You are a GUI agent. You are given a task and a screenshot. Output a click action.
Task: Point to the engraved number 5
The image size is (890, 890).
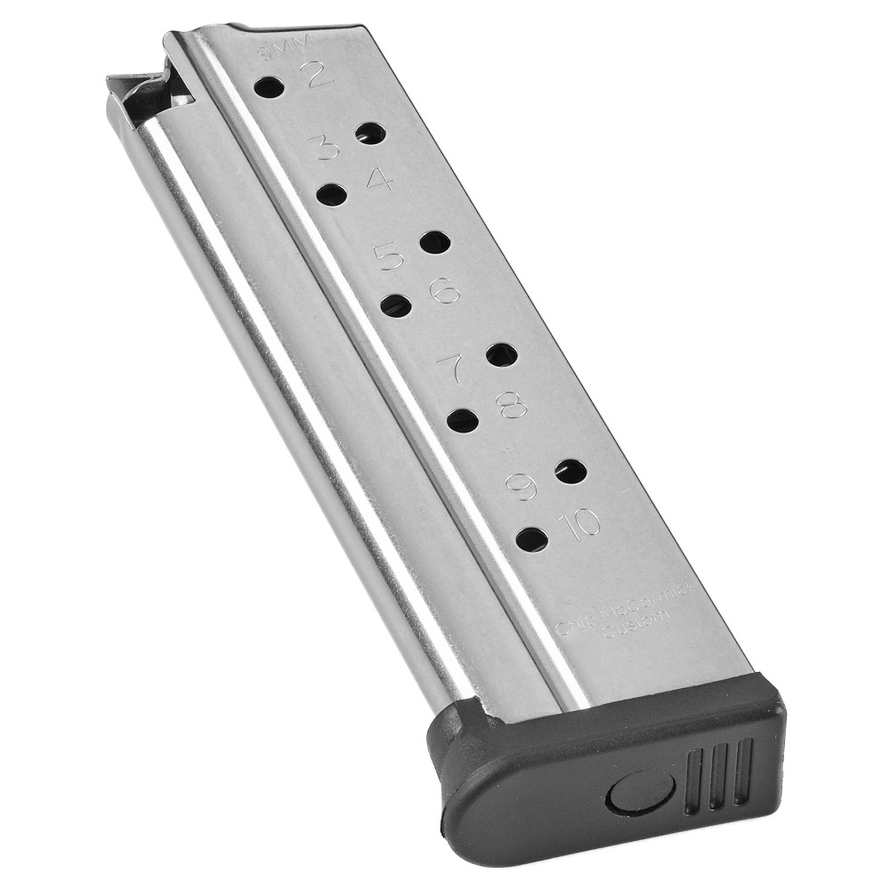[389, 257]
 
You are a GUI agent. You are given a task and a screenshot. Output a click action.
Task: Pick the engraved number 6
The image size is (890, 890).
[443, 289]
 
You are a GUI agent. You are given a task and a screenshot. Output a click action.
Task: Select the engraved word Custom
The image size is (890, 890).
[631, 633]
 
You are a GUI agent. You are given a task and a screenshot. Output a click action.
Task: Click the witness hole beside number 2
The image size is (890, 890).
[269, 88]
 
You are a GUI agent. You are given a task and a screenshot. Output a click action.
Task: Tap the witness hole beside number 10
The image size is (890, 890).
[532, 538]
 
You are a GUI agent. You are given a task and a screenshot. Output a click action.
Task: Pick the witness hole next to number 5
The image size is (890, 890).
[434, 241]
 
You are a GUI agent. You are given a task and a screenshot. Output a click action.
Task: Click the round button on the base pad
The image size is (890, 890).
[631, 791]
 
